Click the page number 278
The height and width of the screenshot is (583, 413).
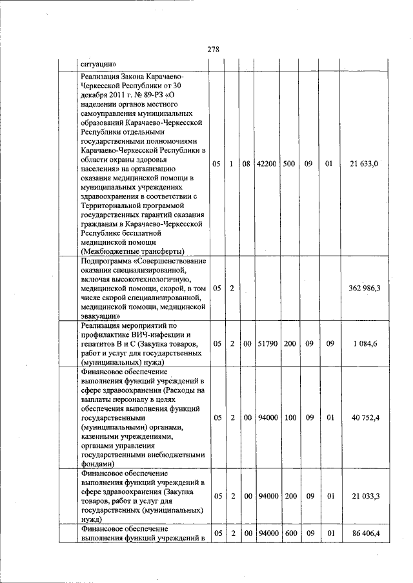214,50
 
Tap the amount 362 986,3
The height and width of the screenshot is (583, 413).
364,288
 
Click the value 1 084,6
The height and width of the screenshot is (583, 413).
365,344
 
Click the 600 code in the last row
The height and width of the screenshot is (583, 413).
290,534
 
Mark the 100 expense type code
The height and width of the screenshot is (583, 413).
290,417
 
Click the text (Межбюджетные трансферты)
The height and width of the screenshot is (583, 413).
133,251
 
